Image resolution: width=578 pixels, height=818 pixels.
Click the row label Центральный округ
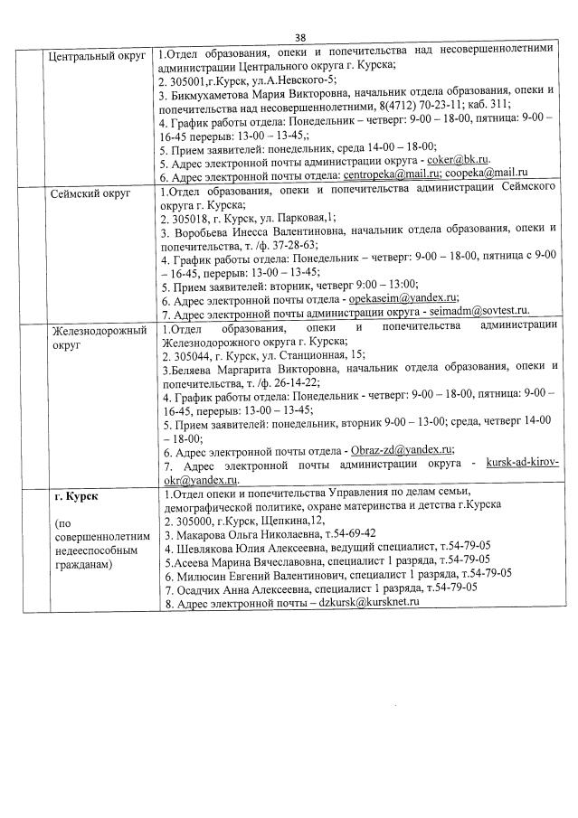(96, 56)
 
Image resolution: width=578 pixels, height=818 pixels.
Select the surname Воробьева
(196, 231)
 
